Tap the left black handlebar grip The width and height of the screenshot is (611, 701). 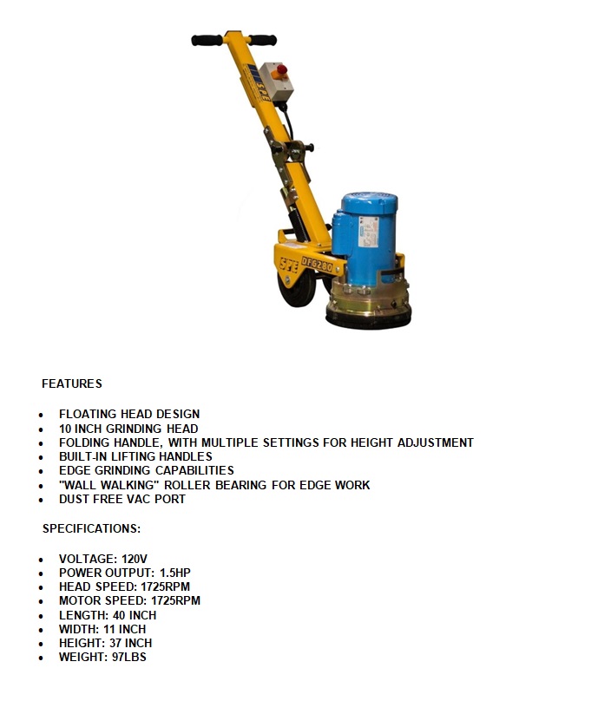pyautogui.click(x=207, y=40)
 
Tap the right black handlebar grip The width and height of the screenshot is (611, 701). pyautogui.click(x=263, y=39)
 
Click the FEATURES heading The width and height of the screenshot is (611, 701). pyautogui.click(x=72, y=383)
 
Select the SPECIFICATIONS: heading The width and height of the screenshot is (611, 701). pyautogui.click(x=91, y=527)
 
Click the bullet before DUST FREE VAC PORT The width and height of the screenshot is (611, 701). pyautogui.click(x=42, y=500)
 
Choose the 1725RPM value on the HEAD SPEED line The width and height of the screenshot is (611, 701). pyautogui.click(x=165, y=586)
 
